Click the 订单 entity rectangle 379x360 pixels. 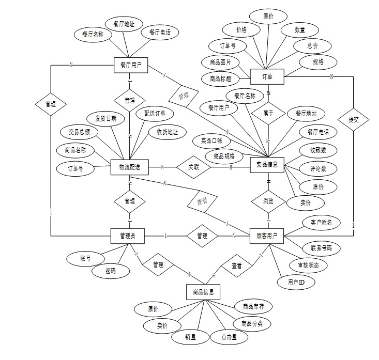pos(267,76)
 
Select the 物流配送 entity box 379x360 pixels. pos(129,167)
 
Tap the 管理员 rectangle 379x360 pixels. pos(128,236)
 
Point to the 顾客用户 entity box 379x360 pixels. pos(267,236)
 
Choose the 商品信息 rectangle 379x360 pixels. pos(203,292)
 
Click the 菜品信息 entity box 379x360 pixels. pos(267,165)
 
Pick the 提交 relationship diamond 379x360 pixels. pos(354,119)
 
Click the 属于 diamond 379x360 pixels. pos(268,113)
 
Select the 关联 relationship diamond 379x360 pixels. pos(193,167)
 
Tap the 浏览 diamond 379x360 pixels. pos(268,200)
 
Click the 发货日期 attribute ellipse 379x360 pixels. pos(105,118)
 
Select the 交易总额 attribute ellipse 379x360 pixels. pos(80,132)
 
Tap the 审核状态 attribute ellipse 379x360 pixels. pos(308,265)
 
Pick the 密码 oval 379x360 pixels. pos(111,271)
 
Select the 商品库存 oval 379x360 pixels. pos(253,306)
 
